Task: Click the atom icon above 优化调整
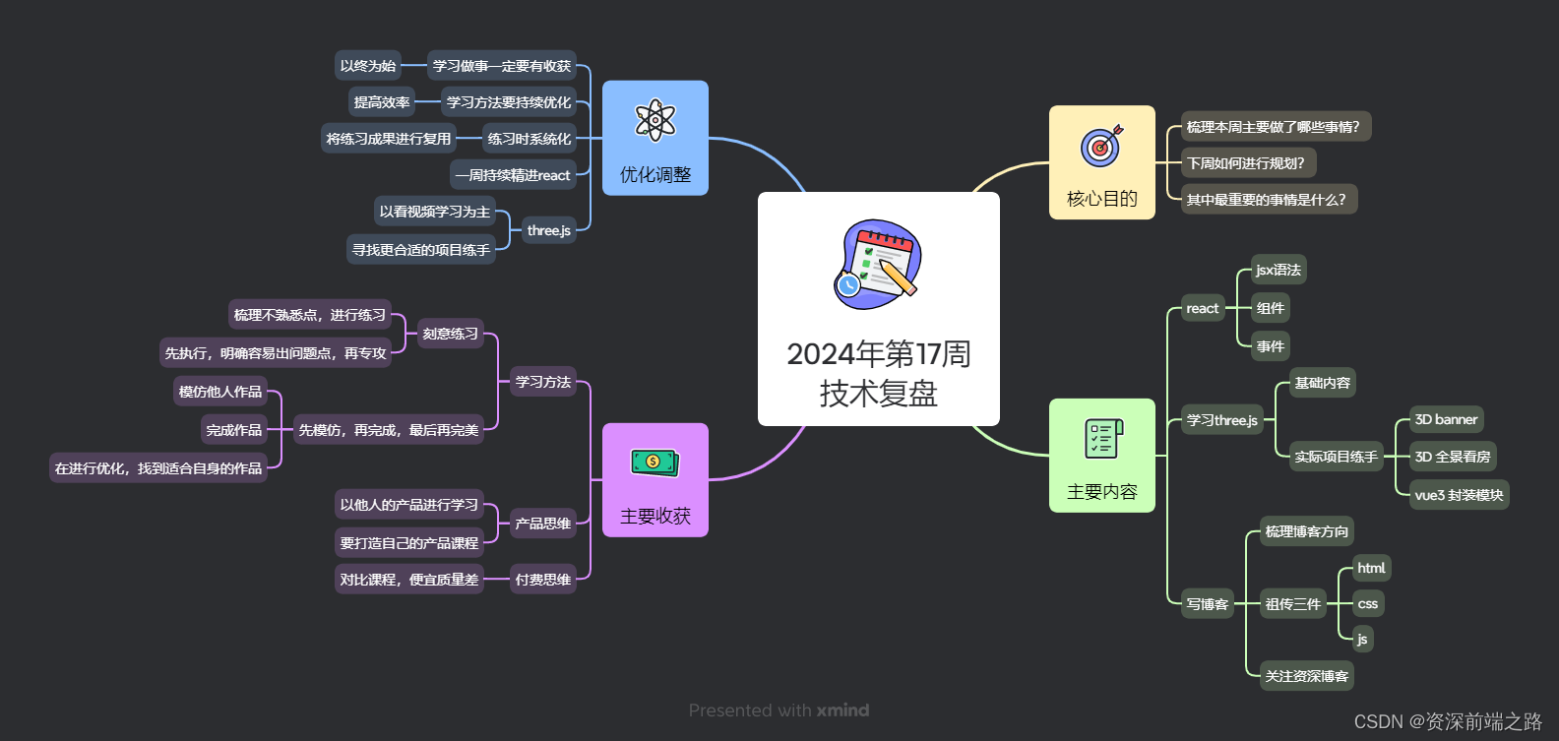coord(655,120)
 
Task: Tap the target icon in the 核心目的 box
coord(1101,146)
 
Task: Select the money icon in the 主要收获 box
coord(655,462)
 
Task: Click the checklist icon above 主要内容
coord(1102,439)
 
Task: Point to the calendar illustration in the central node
coord(878,264)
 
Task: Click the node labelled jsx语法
coord(1278,270)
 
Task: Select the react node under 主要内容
coord(1203,308)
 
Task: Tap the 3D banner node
coord(1446,419)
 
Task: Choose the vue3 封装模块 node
coord(1459,495)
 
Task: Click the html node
coord(1371,568)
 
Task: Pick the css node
coord(1367,603)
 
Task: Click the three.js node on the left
coord(548,230)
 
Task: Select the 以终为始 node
coord(368,66)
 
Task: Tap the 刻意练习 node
coord(451,334)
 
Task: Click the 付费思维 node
coord(543,580)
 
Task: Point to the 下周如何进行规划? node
coord(1245,163)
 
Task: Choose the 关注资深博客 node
coord(1306,676)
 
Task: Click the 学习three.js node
coord(1221,420)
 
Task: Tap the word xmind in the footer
coord(842,710)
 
